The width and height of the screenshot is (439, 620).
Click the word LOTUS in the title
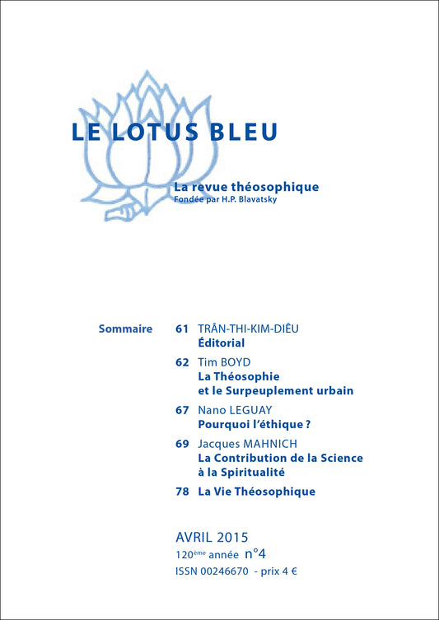click(157, 133)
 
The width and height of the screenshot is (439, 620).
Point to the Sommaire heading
click(124, 329)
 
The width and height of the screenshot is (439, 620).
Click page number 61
click(182, 329)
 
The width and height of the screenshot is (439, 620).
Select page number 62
click(182, 361)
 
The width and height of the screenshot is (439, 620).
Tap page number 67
click(182, 410)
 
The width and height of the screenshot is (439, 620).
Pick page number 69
click(182, 444)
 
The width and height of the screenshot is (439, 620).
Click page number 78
click(182, 492)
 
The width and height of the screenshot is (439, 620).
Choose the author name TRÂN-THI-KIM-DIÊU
click(249, 329)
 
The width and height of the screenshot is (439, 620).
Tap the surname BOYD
click(237, 361)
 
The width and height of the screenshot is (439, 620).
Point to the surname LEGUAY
click(253, 410)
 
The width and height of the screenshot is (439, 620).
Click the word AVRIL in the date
click(195, 538)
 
